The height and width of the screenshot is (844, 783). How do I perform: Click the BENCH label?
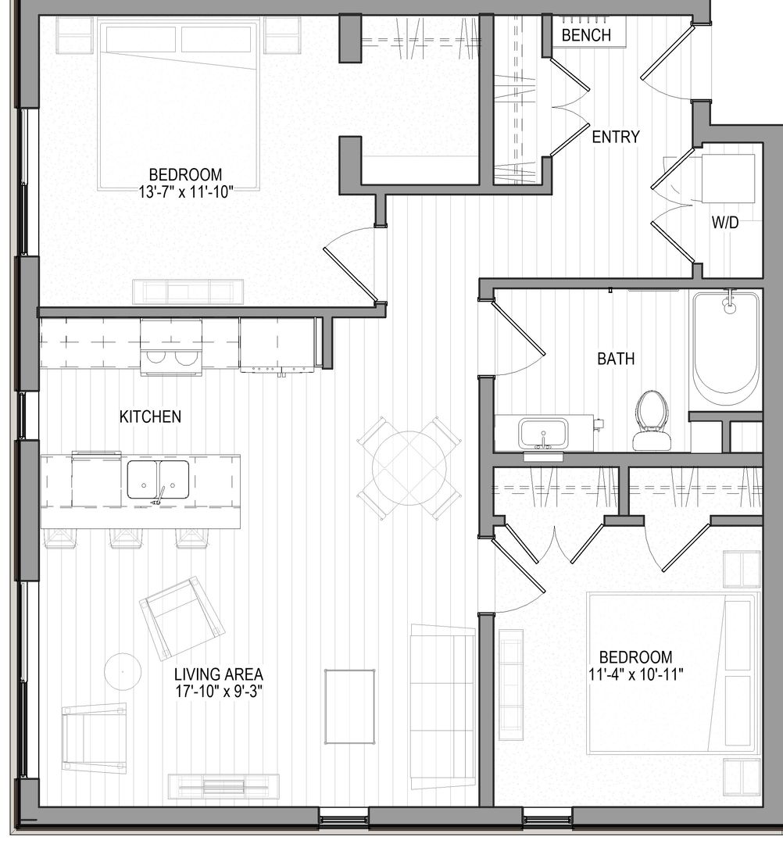585,35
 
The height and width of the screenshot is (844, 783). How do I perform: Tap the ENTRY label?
616,138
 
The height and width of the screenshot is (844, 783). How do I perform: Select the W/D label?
724,224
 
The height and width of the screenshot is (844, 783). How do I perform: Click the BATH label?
616,359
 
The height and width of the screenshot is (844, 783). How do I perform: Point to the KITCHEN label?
150,417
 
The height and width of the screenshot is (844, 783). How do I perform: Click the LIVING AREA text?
218,674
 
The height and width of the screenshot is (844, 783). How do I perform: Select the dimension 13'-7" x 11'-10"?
185,190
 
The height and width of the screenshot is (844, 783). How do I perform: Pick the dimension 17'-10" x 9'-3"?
218,690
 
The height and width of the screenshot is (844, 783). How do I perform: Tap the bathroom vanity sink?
545,432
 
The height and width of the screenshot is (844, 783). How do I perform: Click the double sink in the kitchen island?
159,481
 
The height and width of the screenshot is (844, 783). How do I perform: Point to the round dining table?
409,467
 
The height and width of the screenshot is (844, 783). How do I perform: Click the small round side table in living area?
123,670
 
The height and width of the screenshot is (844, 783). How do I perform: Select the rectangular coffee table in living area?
349,706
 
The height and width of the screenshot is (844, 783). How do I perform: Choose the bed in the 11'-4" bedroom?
673,672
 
